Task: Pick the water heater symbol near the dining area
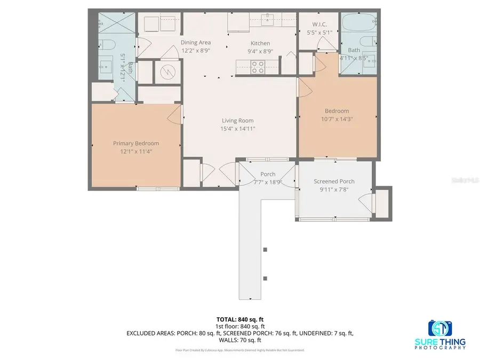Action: (x=165, y=71)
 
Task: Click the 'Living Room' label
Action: (x=238, y=121)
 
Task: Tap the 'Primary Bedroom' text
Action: (x=135, y=143)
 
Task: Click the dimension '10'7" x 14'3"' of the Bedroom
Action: (x=337, y=119)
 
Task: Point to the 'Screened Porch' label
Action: (x=334, y=181)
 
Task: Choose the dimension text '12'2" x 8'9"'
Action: (x=195, y=51)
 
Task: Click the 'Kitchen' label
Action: (x=260, y=43)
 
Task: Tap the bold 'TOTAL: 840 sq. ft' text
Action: (x=239, y=319)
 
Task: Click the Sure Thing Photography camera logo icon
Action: (x=440, y=328)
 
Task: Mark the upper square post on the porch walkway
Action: (x=265, y=250)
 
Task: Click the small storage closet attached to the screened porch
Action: (x=383, y=203)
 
